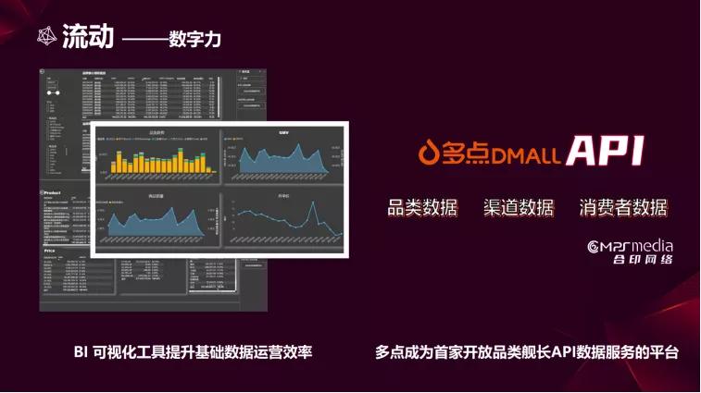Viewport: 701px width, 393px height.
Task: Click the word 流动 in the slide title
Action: pyautogui.click(x=88, y=36)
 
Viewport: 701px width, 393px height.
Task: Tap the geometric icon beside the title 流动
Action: pyautogui.click(x=45, y=35)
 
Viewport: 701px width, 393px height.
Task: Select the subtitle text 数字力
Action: pyautogui.click(x=195, y=40)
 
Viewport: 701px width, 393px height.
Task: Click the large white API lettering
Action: pyautogui.click(x=605, y=152)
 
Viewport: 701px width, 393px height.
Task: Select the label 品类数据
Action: pyautogui.click(x=422, y=206)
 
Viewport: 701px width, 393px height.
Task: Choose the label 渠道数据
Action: pyautogui.click(x=518, y=206)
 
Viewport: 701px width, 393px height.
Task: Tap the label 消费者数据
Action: pyautogui.click(x=623, y=206)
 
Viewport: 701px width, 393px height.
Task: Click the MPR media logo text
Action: pyautogui.click(x=632, y=246)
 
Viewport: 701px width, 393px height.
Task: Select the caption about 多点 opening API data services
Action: pyautogui.click(x=527, y=352)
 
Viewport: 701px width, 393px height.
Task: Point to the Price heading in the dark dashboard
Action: pyautogui.click(x=52, y=251)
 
